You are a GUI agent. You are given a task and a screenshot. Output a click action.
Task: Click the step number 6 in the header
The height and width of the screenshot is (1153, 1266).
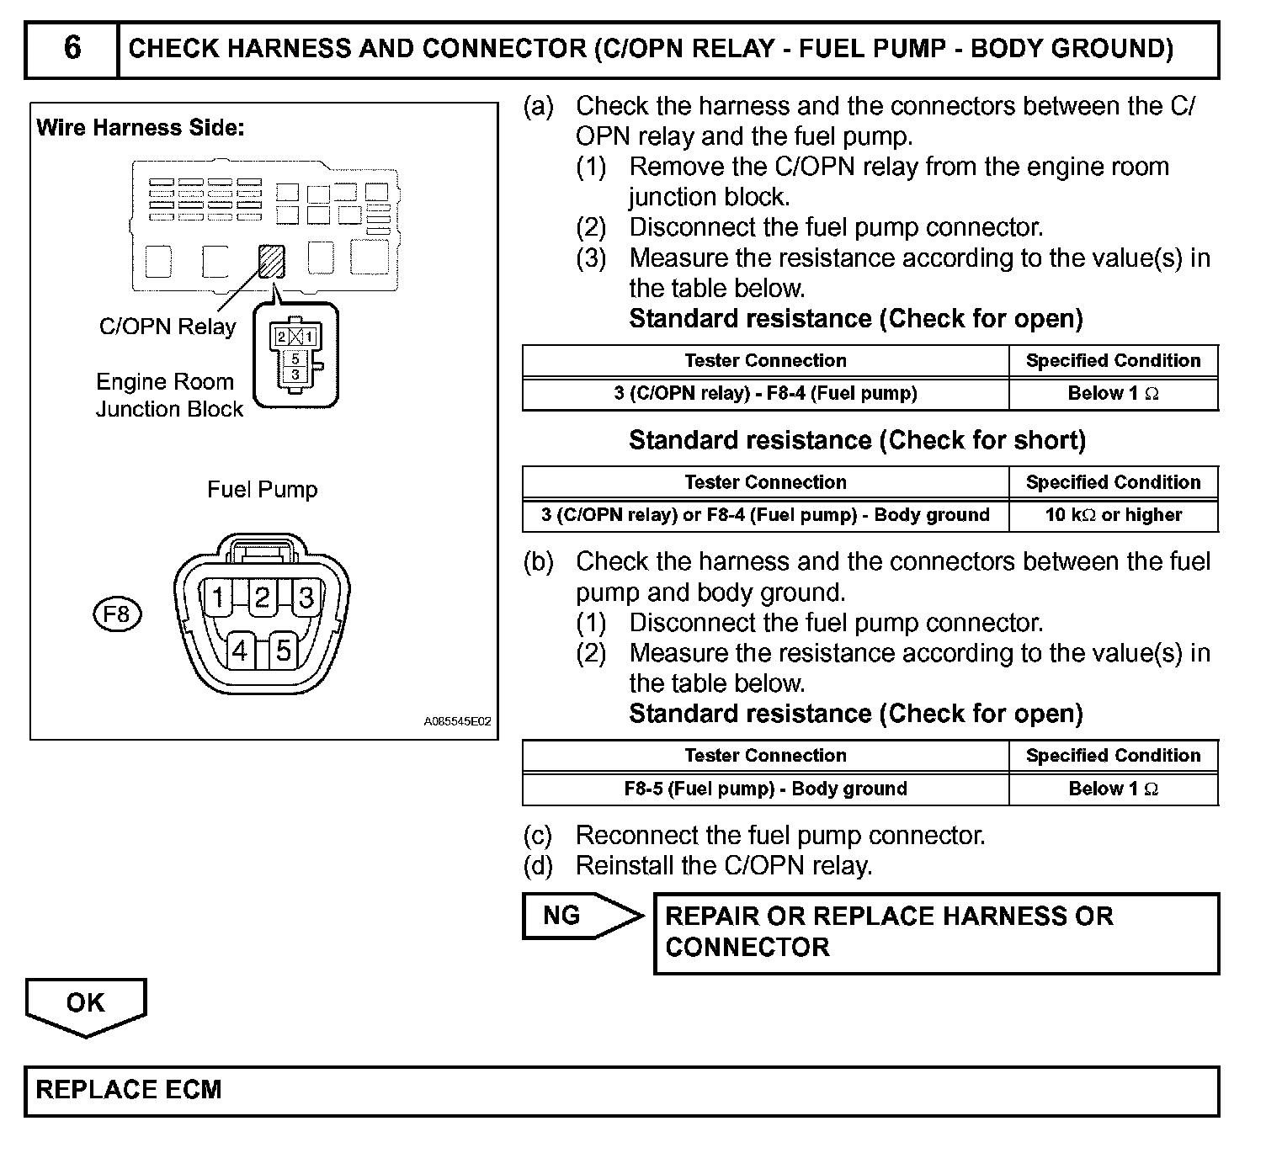(72, 49)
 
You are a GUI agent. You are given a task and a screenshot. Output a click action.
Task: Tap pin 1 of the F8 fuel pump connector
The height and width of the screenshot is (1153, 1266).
(218, 598)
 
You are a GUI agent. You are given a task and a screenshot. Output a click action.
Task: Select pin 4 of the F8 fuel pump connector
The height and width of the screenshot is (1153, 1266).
(240, 651)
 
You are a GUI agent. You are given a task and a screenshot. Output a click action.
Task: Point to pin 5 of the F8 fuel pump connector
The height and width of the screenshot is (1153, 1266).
(284, 651)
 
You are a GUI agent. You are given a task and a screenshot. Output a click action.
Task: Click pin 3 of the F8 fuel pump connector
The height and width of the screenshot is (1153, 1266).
(306, 598)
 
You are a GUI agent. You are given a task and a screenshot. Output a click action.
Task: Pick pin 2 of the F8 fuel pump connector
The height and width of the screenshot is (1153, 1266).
(262, 598)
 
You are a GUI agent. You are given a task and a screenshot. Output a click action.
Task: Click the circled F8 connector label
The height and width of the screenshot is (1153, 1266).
(116, 614)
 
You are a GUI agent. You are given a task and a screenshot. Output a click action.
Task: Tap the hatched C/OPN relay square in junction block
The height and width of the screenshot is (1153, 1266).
(271, 261)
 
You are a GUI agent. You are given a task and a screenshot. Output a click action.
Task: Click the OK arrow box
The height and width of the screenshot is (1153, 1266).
(86, 1004)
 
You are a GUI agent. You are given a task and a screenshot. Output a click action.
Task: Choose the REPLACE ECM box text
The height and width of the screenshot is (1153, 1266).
(129, 1090)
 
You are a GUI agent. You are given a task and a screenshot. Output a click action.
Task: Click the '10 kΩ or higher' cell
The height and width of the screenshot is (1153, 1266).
(1113, 515)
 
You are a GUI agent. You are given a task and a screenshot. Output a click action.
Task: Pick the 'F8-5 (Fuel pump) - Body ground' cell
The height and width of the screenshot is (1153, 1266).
(765, 789)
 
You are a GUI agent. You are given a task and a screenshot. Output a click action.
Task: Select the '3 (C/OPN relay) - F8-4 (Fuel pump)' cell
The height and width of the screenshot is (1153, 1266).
(765, 394)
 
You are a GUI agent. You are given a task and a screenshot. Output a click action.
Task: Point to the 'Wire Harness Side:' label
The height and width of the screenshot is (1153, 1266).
(141, 128)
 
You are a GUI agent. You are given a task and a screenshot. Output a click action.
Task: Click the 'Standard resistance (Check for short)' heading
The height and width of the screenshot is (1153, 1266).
(857, 440)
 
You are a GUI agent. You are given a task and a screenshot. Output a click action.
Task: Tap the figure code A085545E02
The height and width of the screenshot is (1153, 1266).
(457, 722)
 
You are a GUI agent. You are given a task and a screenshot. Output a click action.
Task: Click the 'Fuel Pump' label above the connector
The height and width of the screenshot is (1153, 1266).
(263, 490)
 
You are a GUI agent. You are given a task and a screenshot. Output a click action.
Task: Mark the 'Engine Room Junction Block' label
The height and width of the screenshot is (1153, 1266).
(168, 396)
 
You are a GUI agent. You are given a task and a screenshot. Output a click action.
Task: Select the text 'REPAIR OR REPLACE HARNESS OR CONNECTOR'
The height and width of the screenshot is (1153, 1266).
(889, 932)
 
